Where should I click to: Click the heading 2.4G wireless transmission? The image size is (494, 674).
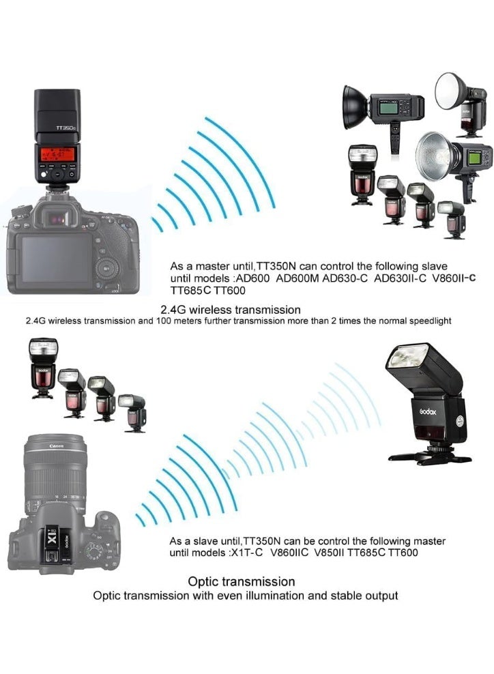tap(230, 309)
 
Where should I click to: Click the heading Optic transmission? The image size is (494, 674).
tap(242, 581)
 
